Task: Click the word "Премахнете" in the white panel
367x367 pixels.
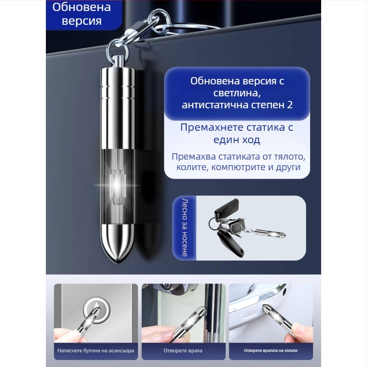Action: point(209,127)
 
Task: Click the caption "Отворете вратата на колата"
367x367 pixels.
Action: point(270,351)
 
